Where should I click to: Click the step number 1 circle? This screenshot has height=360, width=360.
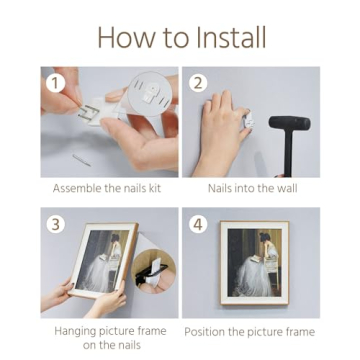click(56, 83)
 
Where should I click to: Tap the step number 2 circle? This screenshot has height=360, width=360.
click(198, 83)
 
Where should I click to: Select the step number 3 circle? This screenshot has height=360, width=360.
click(56, 224)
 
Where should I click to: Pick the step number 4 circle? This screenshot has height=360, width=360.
click(198, 224)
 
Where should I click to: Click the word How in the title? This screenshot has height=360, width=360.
click(122, 38)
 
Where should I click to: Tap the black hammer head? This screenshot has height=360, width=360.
click(289, 123)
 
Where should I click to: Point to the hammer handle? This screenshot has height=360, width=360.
click(288, 153)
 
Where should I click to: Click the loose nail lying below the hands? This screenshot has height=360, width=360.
click(82, 160)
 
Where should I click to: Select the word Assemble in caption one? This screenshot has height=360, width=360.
click(77, 188)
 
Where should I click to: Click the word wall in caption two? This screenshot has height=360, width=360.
click(287, 188)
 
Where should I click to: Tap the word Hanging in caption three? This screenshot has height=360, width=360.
click(77, 332)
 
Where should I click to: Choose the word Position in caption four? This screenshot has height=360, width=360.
click(205, 332)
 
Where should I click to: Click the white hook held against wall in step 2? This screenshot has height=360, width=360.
click(249, 122)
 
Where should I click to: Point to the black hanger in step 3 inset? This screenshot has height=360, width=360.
click(151, 273)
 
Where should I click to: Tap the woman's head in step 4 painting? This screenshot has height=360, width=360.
click(266, 238)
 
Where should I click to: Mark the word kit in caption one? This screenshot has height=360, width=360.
click(155, 188)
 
